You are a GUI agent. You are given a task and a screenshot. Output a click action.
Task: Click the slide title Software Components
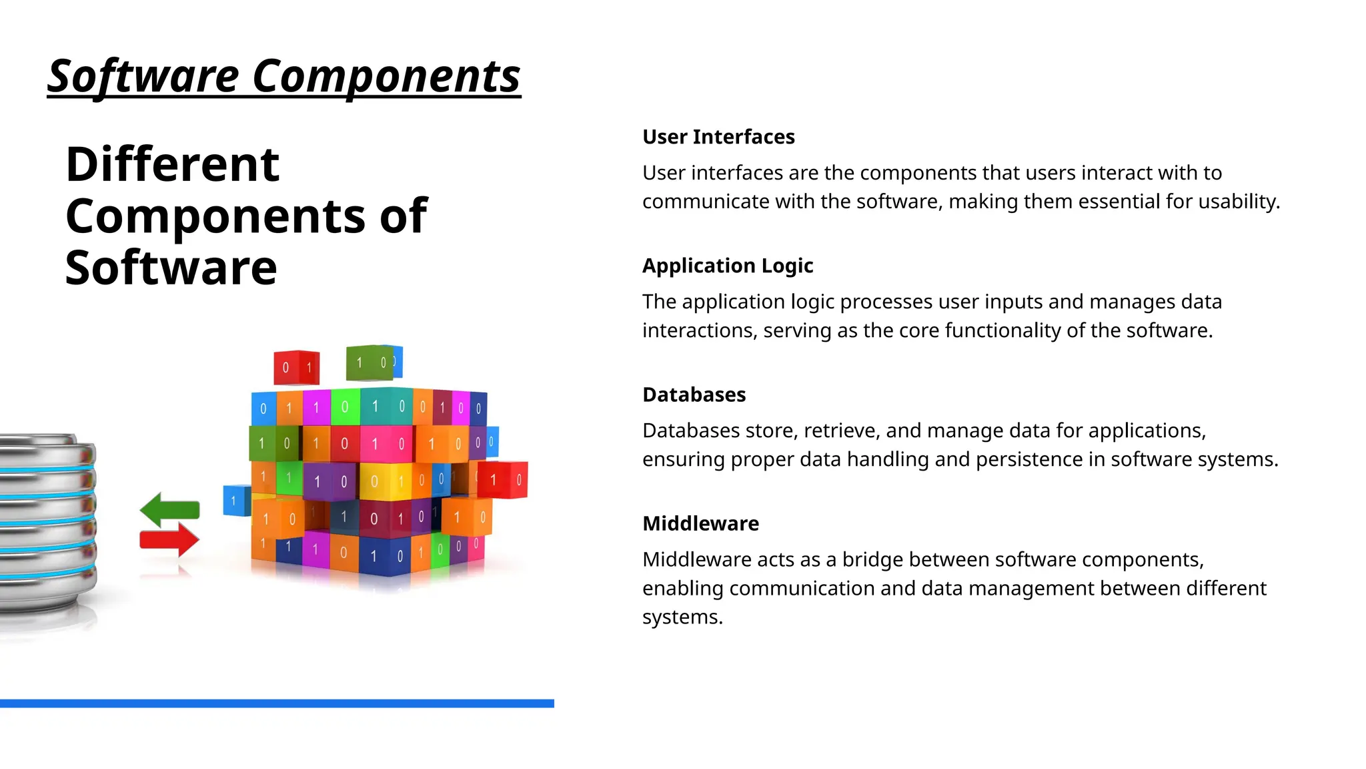pyautogui.click(x=283, y=76)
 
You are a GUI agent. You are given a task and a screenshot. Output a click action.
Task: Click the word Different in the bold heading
pyautogui.click(x=172, y=164)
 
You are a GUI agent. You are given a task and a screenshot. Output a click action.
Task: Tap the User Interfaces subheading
pyautogui.click(x=718, y=137)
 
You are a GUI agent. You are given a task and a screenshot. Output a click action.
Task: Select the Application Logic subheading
pyautogui.click(x=727, y=266)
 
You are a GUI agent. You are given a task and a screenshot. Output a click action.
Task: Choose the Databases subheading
pyautogui.click(x=694, y=395)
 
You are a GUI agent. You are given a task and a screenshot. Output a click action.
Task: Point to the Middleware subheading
pyautogui.click(x=700, y=523)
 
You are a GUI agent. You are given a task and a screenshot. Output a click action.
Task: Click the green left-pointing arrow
pyautogui.click(x=169, y=509)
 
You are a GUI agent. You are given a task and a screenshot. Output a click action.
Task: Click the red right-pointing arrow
pyautogui.click(x=169, y=539)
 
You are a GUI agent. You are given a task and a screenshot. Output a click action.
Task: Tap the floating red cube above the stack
pyautogui.click(x=296, y=367)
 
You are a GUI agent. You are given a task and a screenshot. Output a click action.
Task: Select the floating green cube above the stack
pyautogui.click(x=370, y=362)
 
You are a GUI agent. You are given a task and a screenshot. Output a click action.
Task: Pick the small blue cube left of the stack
pyautogui.click(x=235, y=500)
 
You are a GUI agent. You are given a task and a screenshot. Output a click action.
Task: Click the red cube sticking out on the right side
pyautogui.click(x=504, y=479)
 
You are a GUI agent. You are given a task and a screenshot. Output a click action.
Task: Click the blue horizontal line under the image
pyautogui.click(x=277, y=703)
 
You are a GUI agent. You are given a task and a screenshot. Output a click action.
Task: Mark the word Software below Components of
pyautogui.click(x=171, y=268)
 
